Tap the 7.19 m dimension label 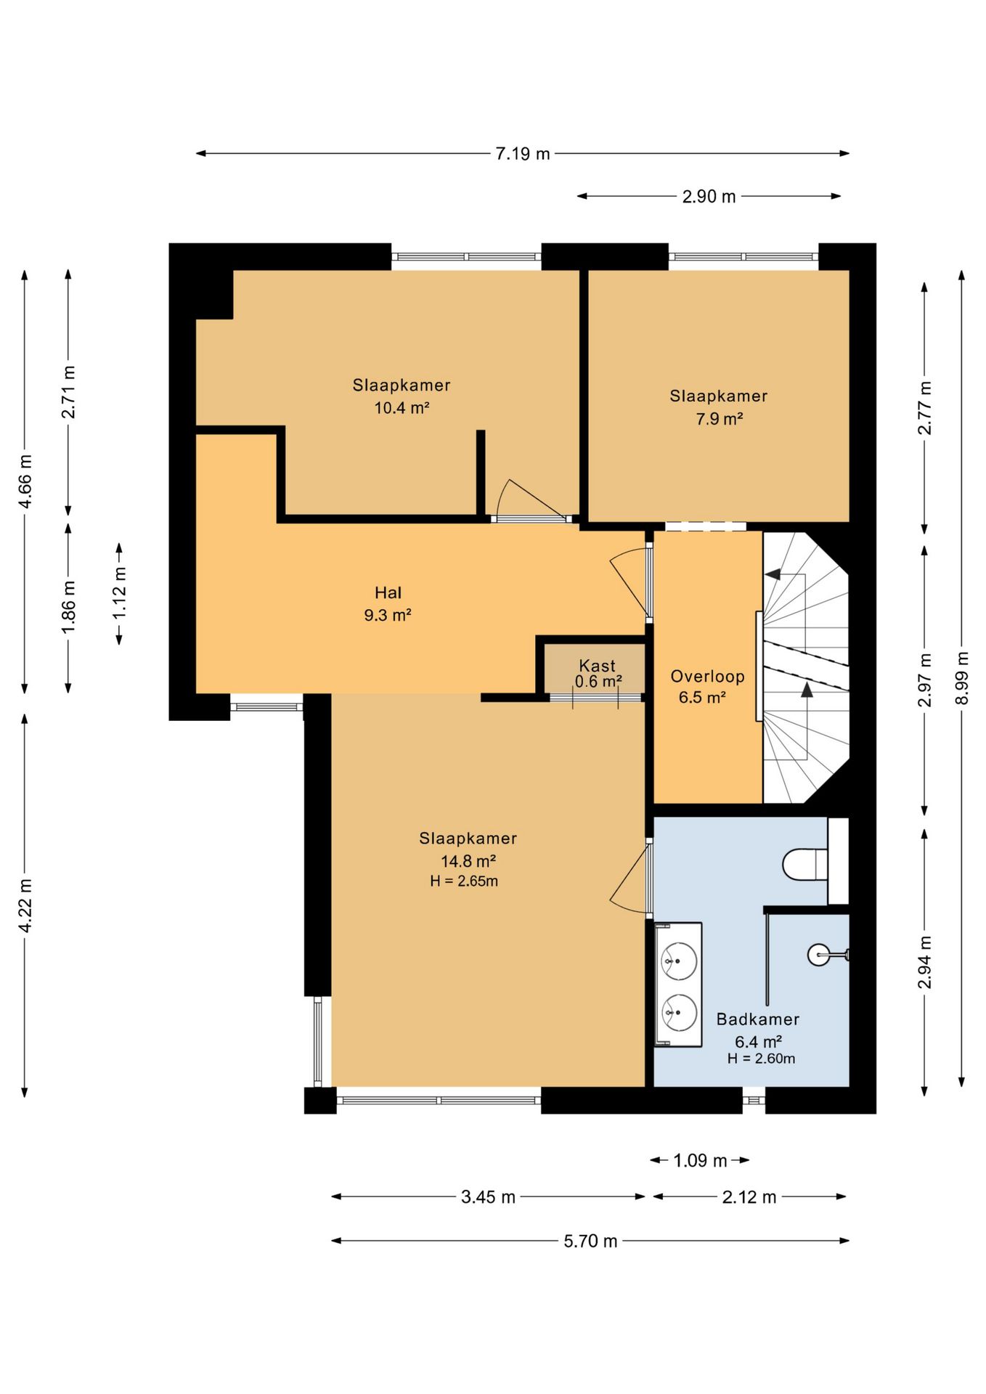pos(523,154)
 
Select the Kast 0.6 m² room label pos(598,673)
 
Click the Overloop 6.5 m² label pos(707,687)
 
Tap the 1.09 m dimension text pos(700,1160)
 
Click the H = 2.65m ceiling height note pos(464,881)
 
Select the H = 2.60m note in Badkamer pos(761,1059)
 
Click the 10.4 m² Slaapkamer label pos(402,396)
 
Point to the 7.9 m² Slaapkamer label pos(719,407)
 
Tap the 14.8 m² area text pos(468,861)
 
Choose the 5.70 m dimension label pos(590,1242)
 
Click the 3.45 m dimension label pos(488,1197)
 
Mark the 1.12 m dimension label pos(120,593)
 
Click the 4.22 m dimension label pos(25,905)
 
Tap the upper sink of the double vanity pos(679,961)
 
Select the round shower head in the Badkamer pos(818,955)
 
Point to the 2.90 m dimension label pos(709,197)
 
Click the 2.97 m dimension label pos(925,680)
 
